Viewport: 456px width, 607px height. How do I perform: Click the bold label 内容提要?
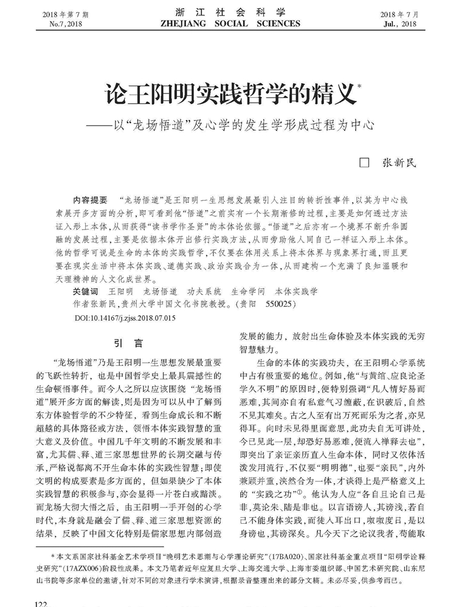coord(89,199)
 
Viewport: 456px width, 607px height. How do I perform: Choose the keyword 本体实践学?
coord(297,291)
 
